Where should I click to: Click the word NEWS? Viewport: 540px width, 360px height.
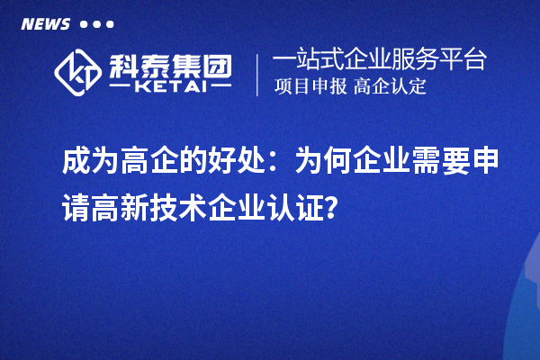(45, 23)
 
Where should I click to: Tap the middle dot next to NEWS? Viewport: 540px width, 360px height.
(96, 24)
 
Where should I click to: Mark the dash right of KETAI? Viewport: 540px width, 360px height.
(217, 88)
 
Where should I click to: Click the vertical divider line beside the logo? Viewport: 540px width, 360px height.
(258, 75)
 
